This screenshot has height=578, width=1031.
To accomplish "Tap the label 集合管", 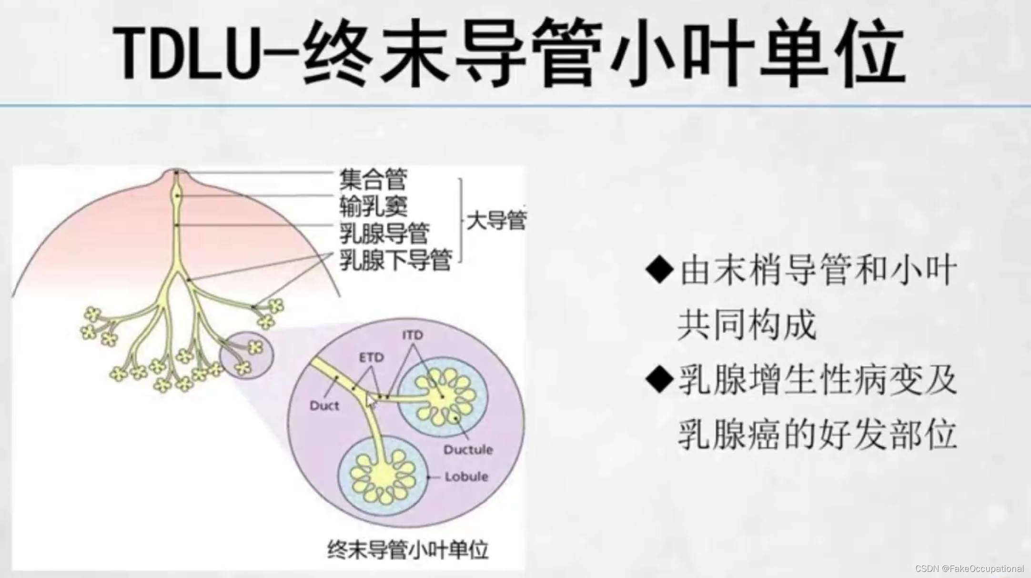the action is [x=373, y=180].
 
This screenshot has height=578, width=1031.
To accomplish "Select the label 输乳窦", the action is [x=373, y=206].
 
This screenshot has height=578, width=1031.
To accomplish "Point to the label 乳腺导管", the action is [x=384, y=233].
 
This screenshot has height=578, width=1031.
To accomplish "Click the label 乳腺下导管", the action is [x=395, y=260].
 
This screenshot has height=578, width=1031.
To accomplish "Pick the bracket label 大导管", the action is [x=495, y=221].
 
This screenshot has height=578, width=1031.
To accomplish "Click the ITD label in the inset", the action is [x=413, y=335].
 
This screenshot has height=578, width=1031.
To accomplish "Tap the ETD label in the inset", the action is [x=371, y=357].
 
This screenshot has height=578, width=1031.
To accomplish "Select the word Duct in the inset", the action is [x=324, y=406].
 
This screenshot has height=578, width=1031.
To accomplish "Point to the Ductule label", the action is [x=468, y=450].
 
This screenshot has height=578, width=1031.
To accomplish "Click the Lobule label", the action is [x=466, y=477].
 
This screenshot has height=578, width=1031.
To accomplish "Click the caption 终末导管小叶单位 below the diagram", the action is [x=408, y=549].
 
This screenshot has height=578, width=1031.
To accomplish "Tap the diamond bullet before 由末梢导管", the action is [x=659, y=270].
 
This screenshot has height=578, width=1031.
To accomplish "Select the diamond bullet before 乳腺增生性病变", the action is [x=659, y=380].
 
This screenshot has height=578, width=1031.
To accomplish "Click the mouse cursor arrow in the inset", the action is [x=371, y=402].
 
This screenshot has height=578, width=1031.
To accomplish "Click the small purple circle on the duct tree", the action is [x=246, y=355].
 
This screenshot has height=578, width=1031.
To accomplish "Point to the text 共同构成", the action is [x=747, y=325].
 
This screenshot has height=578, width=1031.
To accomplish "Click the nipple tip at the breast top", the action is [x=176, y=172].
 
